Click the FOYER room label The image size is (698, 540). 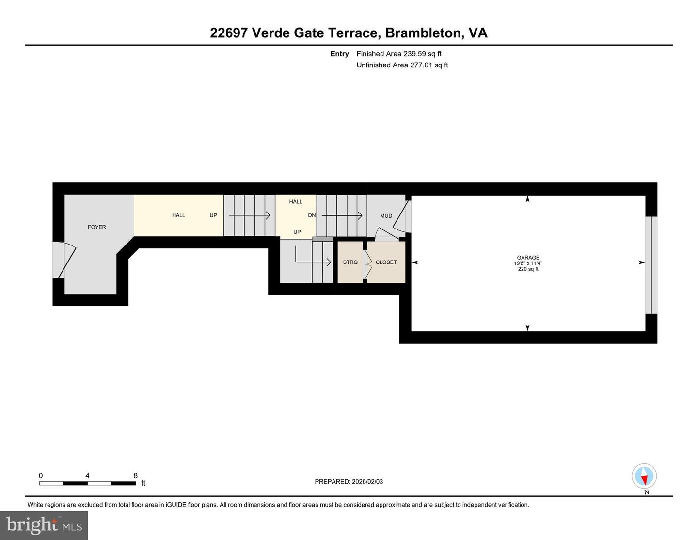click(96, 227)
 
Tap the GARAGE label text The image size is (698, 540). click(528, 258)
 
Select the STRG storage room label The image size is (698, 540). click(350, 262)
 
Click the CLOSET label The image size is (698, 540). click(386, 262)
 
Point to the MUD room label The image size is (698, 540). click(386, 216)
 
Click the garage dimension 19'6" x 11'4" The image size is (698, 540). click(528, 263)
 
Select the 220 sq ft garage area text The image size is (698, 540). click(528, 269)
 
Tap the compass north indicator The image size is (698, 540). click(644, 476)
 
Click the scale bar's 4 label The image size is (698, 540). click(87, 476)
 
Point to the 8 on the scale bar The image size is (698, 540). click(136, 476)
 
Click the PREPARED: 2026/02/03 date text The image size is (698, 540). click(349, 482)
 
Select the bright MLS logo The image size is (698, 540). click(44, 525)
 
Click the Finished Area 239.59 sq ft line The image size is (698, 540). click(398, 54)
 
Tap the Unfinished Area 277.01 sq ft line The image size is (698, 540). click(402, 65)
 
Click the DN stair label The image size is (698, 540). click(312, 215)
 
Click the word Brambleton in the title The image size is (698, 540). click(424, 33)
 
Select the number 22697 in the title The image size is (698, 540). click(229, 33)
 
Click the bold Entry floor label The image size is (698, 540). click(339, 54)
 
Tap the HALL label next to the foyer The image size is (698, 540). click(178, 215)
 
